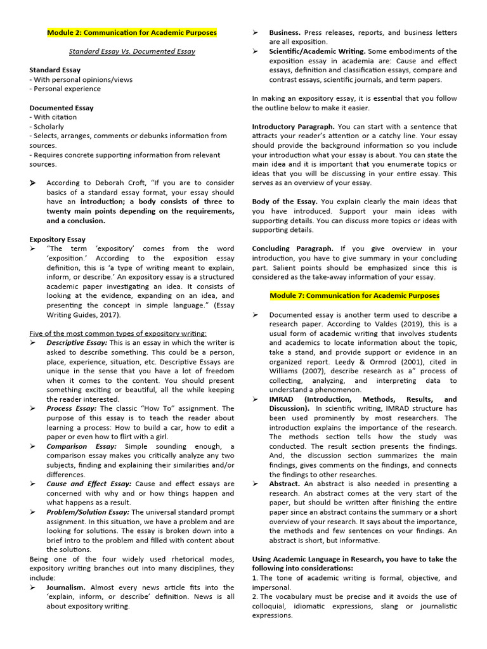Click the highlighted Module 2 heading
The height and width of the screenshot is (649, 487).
(132, 32)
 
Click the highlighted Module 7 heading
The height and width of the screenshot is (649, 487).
(354, 295)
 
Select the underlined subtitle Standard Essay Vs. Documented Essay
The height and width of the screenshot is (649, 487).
(132, 51)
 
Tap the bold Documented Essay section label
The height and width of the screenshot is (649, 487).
(61, 108)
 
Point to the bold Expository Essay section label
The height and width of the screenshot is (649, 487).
(57, 240)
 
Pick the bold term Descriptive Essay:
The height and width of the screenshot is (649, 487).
(77, 343)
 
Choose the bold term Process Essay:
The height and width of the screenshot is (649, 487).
(72, 409)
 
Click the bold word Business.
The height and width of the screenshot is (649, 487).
(285, 32)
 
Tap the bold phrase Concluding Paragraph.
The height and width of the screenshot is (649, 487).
(292, 248)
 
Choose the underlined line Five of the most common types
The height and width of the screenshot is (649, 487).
(118, 333)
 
